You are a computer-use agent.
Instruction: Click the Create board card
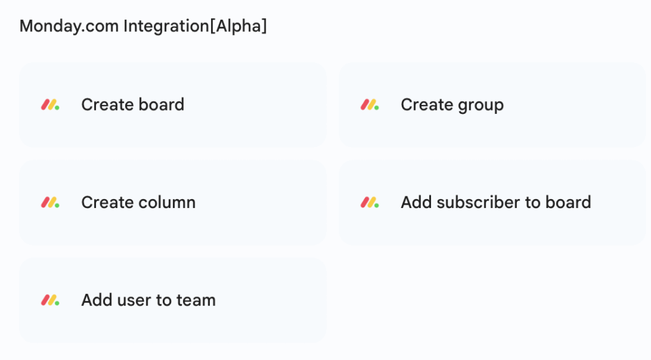(172, 105)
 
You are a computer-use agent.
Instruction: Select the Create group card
(492, 105)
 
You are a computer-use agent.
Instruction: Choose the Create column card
(172, 203)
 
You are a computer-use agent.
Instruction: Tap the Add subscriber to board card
(492, 203)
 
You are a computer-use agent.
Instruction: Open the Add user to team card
(172, 300)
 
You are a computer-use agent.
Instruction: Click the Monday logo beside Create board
(50, 105)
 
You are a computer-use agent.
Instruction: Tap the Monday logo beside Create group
(369, 105)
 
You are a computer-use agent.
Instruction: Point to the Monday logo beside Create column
(50, 203)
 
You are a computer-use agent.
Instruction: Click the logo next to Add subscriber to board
(369, 203)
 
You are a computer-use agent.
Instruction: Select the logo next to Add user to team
(50, 300)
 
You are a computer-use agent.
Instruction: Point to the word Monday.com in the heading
(69, 27)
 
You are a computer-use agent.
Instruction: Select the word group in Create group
(479, 105)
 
